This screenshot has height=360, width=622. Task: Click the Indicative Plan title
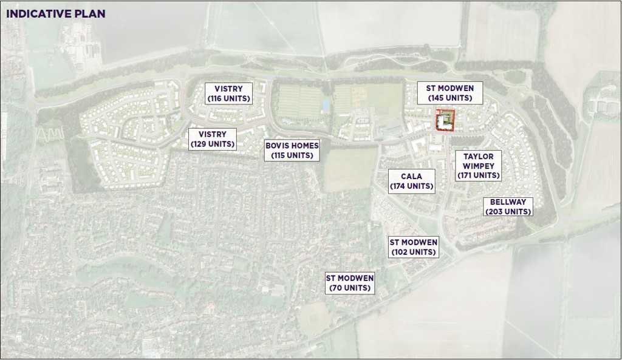56,13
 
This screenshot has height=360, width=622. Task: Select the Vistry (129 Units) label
211,139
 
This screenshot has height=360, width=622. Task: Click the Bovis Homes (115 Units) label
292,150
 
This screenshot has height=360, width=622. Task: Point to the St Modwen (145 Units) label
449,93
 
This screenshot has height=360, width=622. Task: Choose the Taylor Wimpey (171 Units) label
479,165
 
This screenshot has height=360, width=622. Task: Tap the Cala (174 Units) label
412,182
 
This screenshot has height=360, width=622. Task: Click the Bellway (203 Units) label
508,206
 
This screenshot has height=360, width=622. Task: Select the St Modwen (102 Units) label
413,247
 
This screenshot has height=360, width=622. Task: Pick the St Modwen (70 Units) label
349,283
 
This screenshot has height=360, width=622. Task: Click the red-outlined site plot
445,120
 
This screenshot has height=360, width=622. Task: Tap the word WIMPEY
479,166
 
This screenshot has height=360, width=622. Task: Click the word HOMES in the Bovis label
304,146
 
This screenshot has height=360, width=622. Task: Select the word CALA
411,177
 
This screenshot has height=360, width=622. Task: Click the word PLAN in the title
91,13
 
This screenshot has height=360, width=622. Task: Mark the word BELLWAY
508,202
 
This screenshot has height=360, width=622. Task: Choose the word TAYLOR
479,156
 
